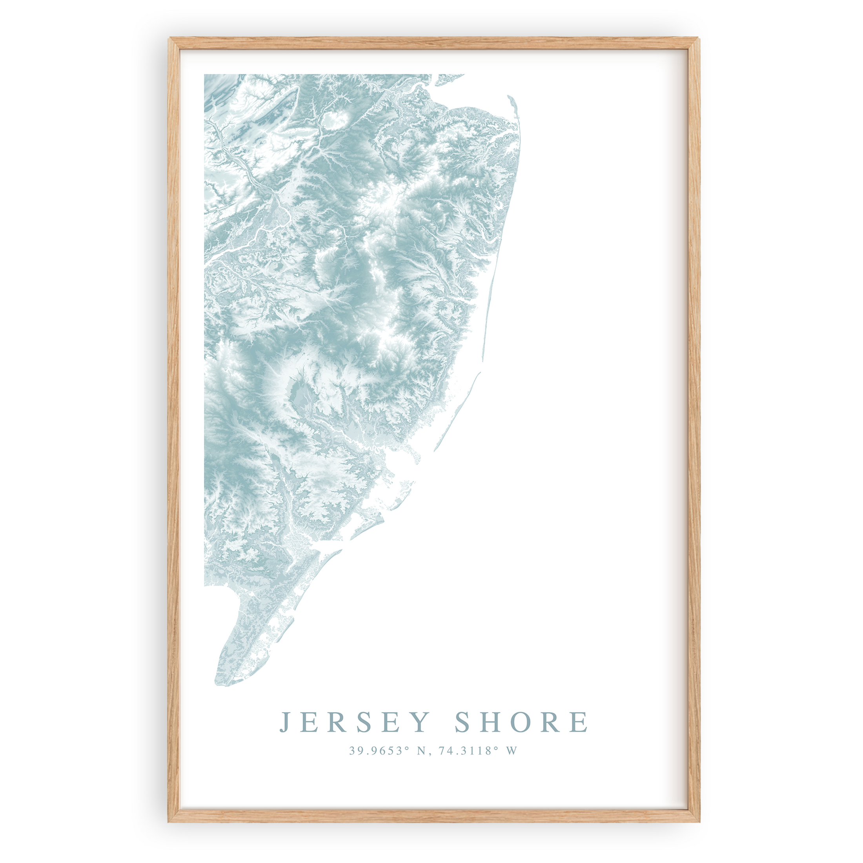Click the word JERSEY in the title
click(x=354, y=722)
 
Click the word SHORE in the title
click(x=521, y=722)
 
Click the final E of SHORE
click(x=579, y=722)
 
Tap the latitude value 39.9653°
click(x=379, y=751)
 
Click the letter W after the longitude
click(x=512, y=751)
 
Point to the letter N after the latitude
click(x=421, y=751)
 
